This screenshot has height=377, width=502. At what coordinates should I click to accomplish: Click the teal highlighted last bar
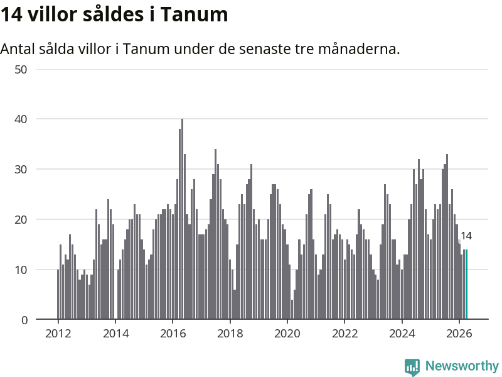coord(466,285)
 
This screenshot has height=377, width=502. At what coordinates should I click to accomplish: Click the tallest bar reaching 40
coord(182,219)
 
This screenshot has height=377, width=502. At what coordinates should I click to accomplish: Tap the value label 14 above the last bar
coord(466,236)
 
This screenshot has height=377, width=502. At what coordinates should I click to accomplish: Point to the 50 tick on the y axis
coord(21,70)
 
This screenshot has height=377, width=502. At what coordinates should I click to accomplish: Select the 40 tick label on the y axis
coord(21,119)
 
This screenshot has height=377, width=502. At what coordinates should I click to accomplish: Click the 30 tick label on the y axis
coord(21,169)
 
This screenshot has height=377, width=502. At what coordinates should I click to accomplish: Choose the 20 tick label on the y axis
coord(21,219)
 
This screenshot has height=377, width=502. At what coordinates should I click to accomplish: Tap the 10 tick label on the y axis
coord(21,270)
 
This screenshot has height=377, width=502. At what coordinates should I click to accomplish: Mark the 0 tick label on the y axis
coord(24,320)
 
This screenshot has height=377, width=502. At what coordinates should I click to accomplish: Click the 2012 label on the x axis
coord(58,334)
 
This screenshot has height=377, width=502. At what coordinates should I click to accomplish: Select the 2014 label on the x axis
coord(115,334)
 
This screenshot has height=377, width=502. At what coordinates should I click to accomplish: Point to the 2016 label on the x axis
coord(173,334)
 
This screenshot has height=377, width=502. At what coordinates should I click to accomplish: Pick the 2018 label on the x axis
coord(230,334)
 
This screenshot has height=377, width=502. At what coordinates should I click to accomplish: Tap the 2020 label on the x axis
coord(287,334)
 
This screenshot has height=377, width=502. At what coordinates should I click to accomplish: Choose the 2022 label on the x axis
coord(344,334)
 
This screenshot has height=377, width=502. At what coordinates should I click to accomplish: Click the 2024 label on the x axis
coord(402,334)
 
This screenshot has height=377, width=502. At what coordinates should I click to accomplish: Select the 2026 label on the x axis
coord(459,334)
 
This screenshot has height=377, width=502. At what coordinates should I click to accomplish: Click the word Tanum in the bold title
coord(194,14)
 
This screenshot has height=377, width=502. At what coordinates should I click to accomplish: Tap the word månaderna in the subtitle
coord(359,49)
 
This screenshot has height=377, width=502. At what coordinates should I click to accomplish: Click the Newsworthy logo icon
coord(412,367)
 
